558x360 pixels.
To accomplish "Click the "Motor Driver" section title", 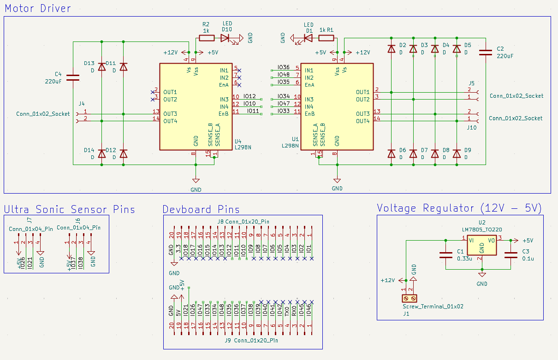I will click(37, 8).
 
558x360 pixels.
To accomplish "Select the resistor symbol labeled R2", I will click(206, 38).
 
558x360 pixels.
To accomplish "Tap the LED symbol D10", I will click(226, 38).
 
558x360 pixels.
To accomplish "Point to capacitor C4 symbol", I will click(72, 77).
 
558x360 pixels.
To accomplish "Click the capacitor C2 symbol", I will click(486, 53).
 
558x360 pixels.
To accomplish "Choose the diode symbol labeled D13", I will click(102, 67).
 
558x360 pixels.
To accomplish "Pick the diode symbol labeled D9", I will click(457, 153).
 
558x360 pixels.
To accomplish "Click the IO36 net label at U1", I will click(284, 68).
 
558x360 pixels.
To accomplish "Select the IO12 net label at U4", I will click(249, 96).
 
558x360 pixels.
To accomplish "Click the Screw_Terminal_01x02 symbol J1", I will click(409, 299).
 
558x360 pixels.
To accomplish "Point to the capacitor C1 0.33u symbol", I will click(445, 254).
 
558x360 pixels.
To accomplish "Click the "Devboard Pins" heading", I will click(201, 210).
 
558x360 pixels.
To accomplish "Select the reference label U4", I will click(238, 142).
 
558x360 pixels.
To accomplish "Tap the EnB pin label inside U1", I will click(309, 114).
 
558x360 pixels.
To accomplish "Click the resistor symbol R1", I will click(326, 38).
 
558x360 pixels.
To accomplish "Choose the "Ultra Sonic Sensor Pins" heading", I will click(69, 210).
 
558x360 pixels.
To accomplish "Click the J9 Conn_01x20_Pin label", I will click(251, 341).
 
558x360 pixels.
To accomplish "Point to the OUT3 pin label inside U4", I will click(170, 114).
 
